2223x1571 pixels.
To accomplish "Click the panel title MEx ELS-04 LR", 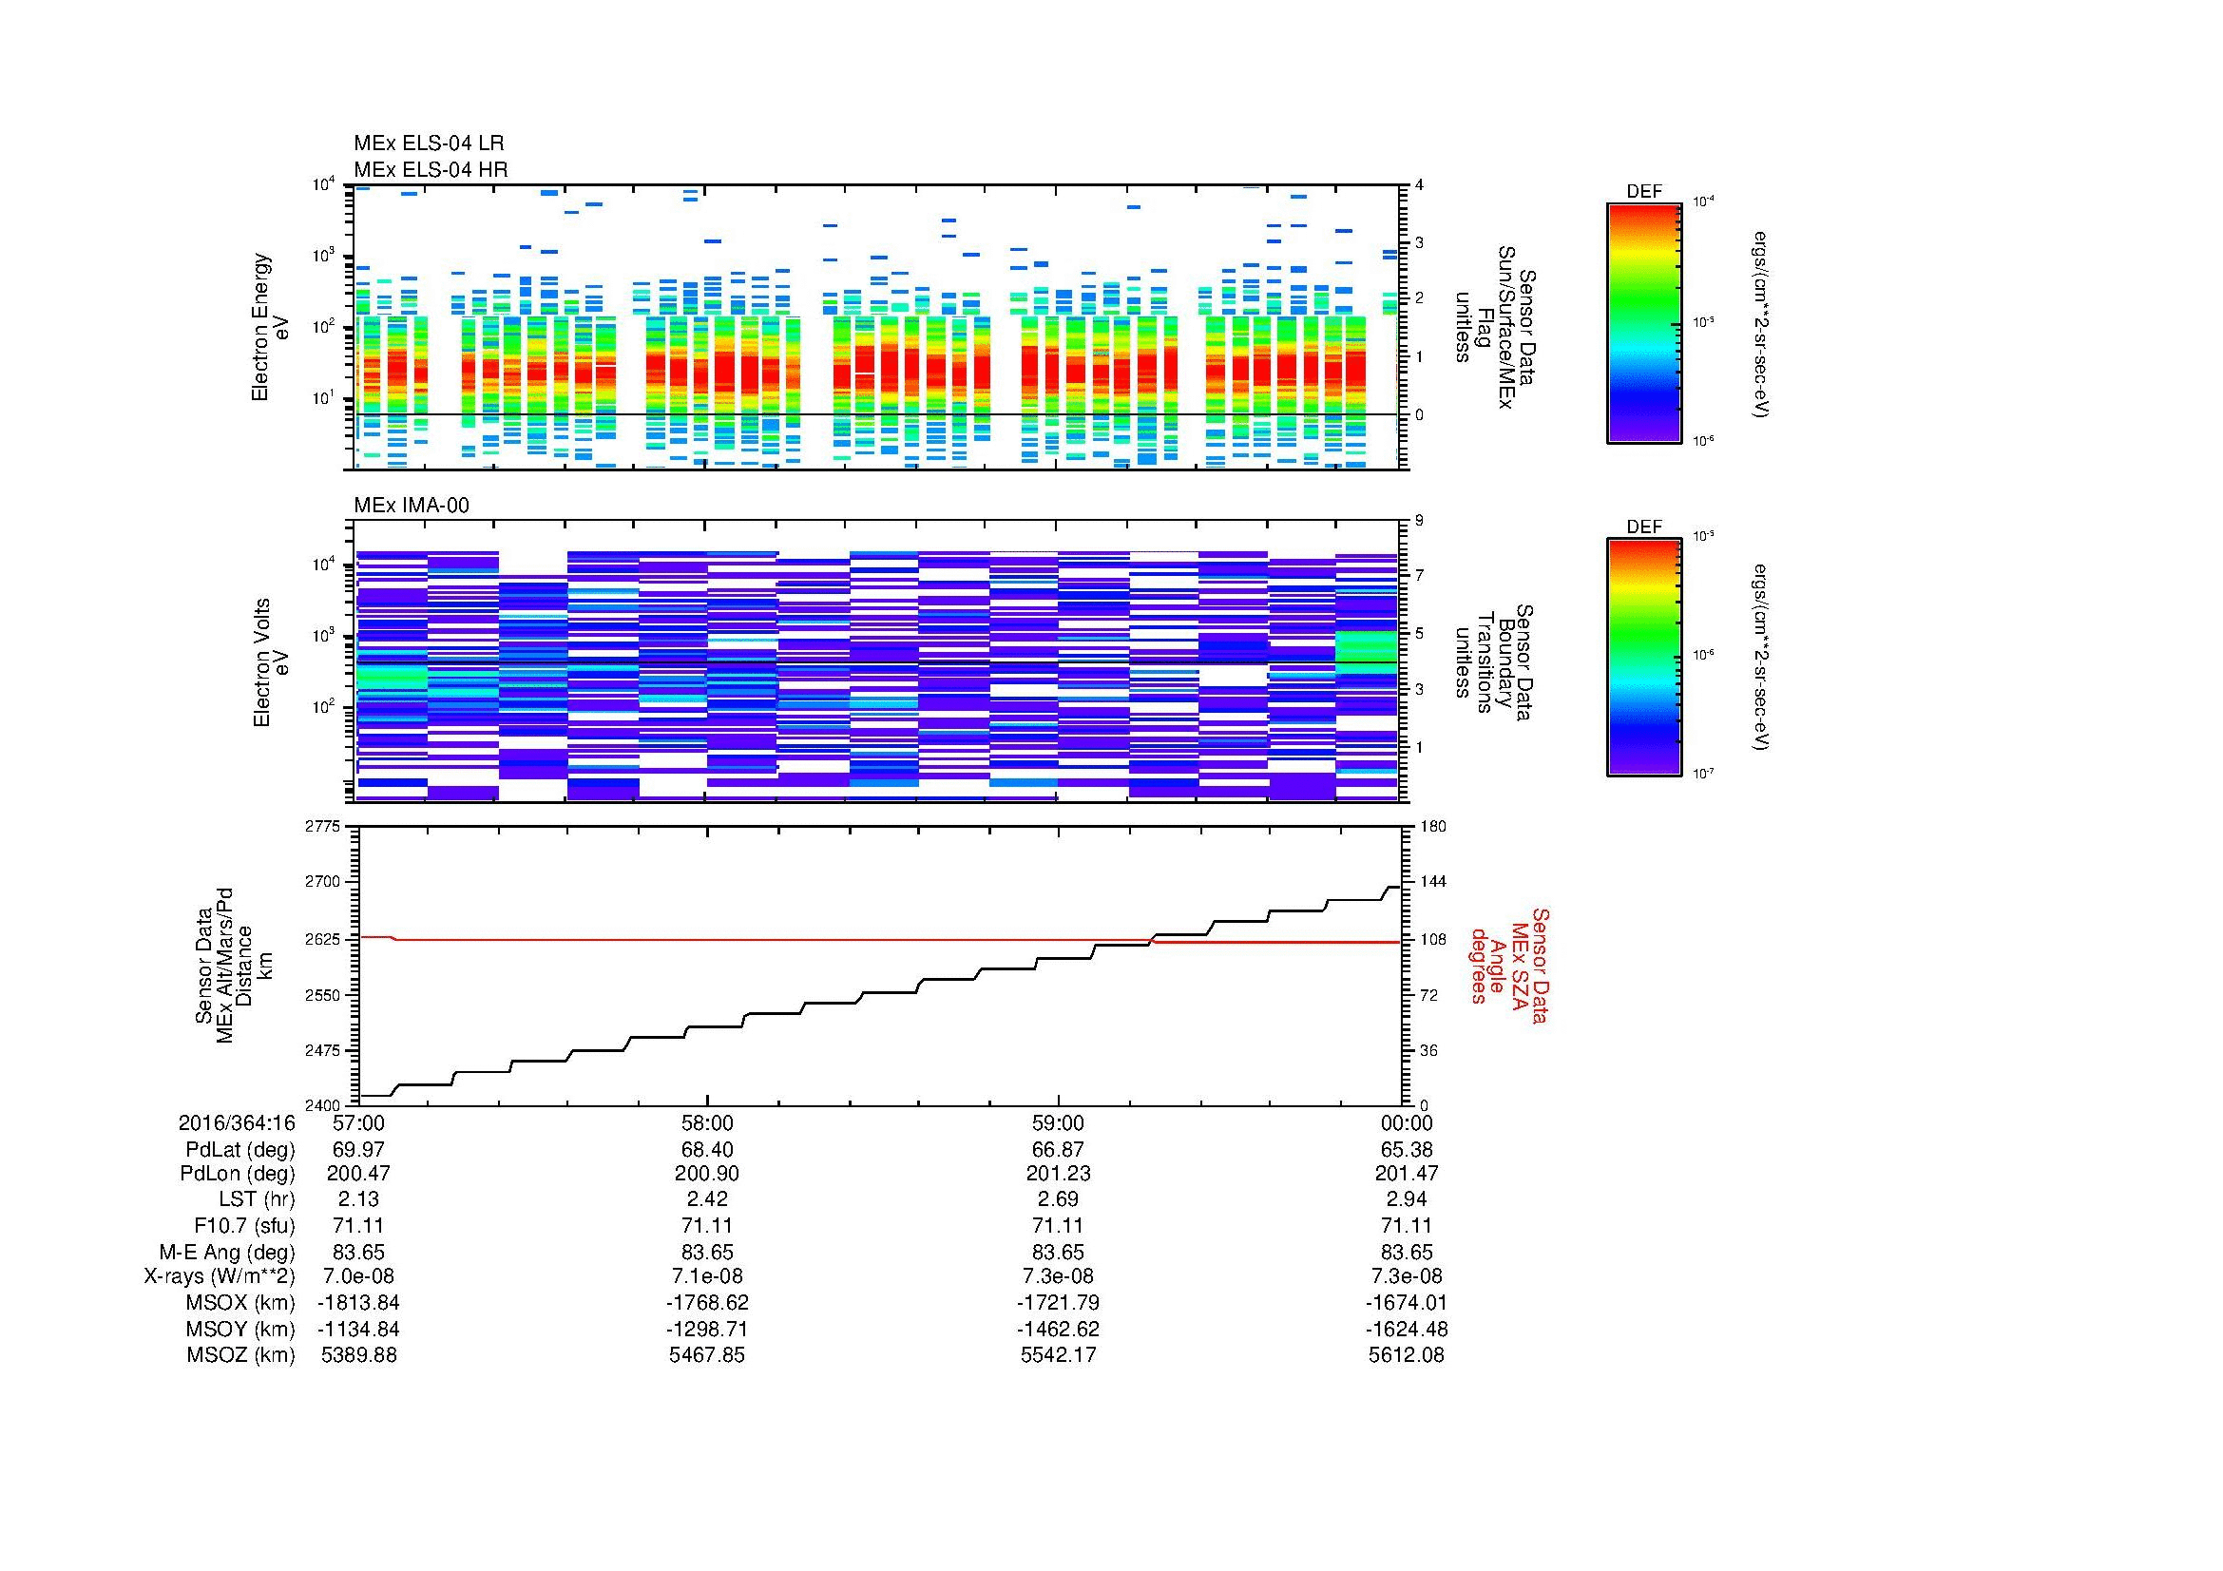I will click(428, 144).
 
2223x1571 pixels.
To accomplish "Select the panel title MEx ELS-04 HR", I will click(430, 169).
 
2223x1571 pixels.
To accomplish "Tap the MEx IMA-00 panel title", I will click(411, 506).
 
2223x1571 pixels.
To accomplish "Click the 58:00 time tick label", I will click(707, 1122).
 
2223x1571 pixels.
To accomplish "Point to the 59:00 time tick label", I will click(1057, 1122).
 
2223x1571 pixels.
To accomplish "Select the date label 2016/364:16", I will click(237, 1122).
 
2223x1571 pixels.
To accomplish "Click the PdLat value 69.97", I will click(358, 1149).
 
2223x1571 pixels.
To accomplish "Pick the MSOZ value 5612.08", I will click(1406, 1355).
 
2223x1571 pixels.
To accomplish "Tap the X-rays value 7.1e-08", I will click(707, 1276).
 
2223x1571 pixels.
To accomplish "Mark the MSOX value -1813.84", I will click(358, 1303).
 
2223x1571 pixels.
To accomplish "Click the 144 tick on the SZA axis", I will click(1433, 882).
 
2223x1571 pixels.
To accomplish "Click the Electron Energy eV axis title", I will click(271, 327).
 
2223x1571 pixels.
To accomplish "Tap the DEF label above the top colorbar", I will click(1644, 192).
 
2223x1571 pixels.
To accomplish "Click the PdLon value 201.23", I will click(1057, 1174).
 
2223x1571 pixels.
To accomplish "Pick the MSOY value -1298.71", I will click(707, 1329).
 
